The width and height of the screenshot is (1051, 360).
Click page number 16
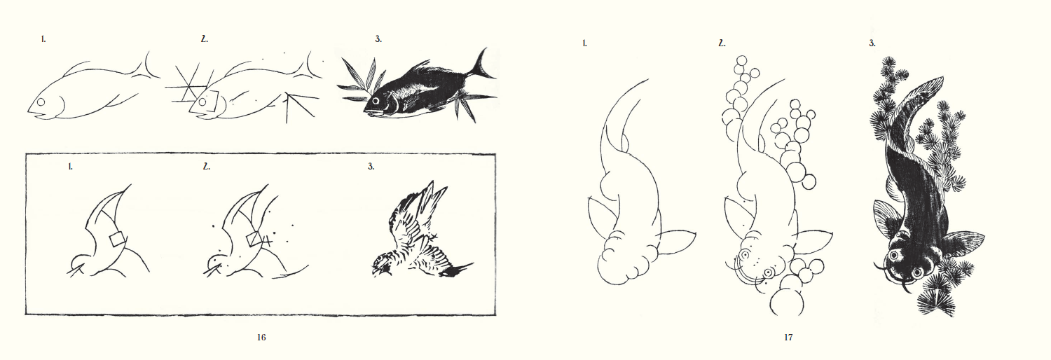click(x=261, y=337)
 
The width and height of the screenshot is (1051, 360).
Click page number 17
click(x=788, y=337)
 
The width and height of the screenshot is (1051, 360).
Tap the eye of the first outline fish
click(x=41, y=102)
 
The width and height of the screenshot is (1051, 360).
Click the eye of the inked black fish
click(x=376, y=101)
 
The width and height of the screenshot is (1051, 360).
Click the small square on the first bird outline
click(x=117, y=239)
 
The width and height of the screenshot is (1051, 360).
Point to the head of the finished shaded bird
click(x=383, y=264)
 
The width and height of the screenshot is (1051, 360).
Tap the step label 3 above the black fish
click(x=378, y=39)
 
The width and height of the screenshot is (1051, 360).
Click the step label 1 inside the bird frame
click(x=70, y=167)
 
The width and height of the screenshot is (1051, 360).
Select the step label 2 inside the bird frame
click(x=207, y=167)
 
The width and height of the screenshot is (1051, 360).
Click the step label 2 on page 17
click(x=722, y=43)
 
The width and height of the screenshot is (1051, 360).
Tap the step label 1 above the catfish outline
click(x=584, y=43)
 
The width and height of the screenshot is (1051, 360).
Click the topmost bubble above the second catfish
click(x=741, y=62)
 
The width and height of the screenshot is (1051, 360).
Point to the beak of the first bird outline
click(x=75, y=270)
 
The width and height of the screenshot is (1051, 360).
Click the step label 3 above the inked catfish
click(x=872, y=43)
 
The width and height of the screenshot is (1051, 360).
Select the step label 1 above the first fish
click(x=43, y=39)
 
